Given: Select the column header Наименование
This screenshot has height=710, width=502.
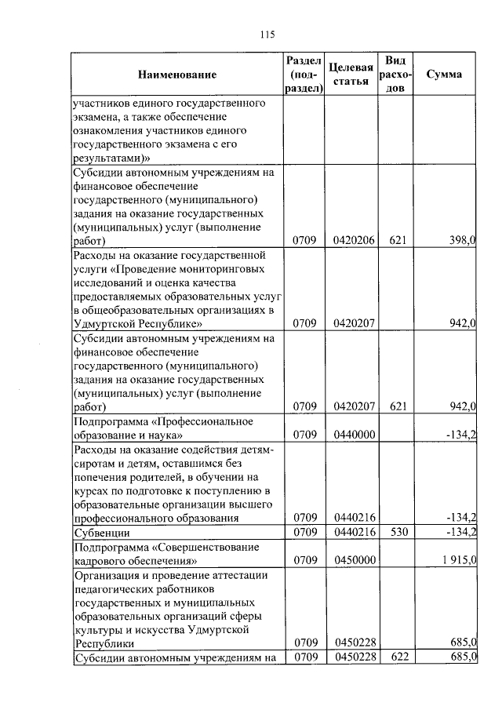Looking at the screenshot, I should (176, 75).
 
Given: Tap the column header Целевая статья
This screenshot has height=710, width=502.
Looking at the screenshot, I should (351, 75).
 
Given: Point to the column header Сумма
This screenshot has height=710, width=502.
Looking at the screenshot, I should (444, 75).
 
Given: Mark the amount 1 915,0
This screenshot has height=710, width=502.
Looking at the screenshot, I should (458, 562).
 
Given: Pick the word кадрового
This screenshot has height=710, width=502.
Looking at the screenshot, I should (96, 562).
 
